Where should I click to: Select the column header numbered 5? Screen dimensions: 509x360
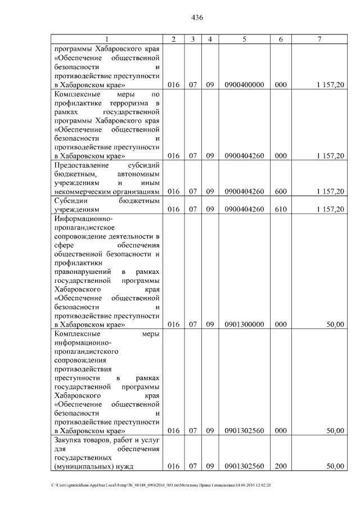coord(244,39)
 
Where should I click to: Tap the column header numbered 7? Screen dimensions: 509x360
coord(319,39)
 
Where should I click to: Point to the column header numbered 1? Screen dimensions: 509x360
coord(107,39)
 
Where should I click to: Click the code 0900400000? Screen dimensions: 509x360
coord(244,85)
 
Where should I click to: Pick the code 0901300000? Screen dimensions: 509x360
coord(244,325)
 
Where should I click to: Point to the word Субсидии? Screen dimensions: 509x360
coord(71,200)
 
